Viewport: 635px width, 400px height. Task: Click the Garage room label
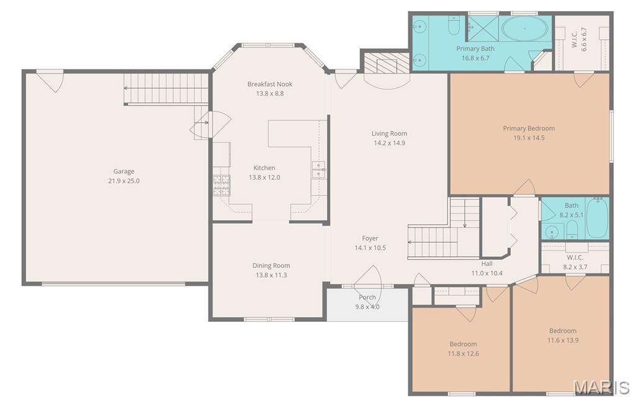coord(124,172)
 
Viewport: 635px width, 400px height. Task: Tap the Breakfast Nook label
coord(270,84)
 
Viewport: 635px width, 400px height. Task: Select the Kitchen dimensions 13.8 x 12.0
coord(264,177)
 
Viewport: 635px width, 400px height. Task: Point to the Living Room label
coord(389,133)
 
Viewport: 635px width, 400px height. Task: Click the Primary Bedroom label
coord(529,128)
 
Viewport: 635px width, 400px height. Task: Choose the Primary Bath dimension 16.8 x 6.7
coord(475,58)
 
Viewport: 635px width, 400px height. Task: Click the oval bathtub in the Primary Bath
coord(525,29)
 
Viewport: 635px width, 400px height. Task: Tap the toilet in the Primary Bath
coord(453,25)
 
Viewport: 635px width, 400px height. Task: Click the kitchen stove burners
coord(222,185)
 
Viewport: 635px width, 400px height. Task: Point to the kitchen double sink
coord(318,169)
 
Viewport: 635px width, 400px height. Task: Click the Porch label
coord(367,297)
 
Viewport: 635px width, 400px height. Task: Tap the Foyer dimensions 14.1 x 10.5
coord(370,248)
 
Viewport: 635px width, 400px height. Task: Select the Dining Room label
coord(271,265)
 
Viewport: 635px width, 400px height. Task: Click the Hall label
coord(487,264)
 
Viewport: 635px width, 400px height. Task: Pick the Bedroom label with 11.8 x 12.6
coord(463,344)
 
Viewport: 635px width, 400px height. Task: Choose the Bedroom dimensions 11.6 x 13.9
coord(563,340)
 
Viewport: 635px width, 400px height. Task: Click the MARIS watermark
coord(602,388)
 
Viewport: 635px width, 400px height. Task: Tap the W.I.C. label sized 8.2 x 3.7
coord(575,257)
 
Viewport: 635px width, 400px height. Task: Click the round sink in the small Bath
coord(551,232)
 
